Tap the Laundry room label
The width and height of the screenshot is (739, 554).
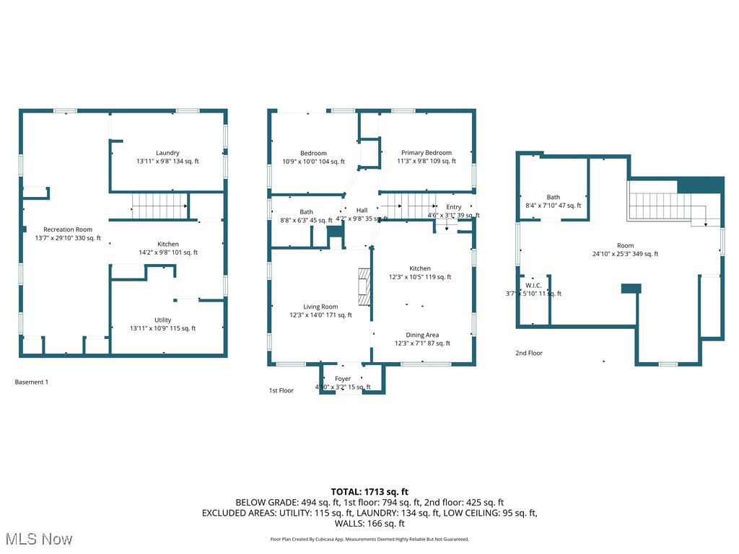167,153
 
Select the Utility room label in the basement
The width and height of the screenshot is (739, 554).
163,320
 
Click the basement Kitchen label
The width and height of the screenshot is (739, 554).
168,244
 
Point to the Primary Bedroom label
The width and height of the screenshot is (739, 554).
427,153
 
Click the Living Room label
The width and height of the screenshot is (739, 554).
320,307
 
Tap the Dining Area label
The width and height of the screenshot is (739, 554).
422,335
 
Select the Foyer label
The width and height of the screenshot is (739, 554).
343,379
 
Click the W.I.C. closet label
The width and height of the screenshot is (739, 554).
533,285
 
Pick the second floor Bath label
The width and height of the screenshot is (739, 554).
553,197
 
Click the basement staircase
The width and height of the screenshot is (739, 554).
159,206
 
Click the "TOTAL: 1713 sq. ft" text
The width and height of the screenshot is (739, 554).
369,491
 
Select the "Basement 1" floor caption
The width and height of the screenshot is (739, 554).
32,382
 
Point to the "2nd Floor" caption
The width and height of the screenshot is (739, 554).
529,353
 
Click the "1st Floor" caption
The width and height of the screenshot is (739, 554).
281,390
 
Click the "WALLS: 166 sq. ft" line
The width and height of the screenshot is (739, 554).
369,524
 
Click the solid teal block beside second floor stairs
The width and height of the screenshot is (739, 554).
700,185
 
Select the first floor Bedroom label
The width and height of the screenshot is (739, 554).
313,153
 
